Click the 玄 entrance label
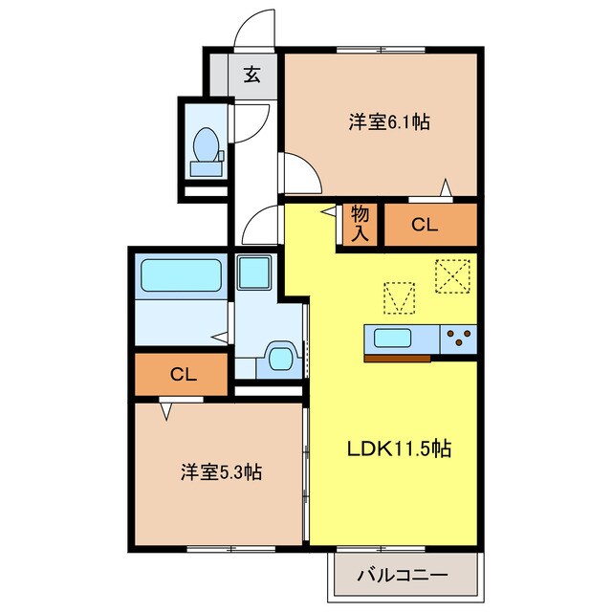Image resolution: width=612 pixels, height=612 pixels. point(252,75)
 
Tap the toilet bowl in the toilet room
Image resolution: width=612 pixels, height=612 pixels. point(207,144)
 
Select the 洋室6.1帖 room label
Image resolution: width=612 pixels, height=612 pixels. point(389,122)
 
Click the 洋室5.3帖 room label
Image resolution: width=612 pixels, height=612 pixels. point(221,472)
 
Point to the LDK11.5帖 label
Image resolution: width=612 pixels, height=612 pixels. point(400,448)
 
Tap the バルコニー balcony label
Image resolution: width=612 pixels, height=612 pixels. point(403,576)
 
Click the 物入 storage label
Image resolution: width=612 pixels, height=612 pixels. point(360,224)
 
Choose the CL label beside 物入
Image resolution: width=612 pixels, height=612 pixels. point(425,225)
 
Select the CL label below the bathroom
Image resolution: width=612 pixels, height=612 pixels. point(183,375)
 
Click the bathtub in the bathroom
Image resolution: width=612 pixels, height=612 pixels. point(181,275)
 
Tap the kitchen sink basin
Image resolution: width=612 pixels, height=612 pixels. point(392,338)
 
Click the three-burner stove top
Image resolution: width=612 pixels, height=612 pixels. point(459,338)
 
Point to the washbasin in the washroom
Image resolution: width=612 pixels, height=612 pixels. point(280,359)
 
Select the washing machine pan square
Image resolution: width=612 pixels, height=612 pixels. point(254,273)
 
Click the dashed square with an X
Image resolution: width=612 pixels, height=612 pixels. point(452,276)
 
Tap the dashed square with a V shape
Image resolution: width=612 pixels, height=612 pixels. point(400,298)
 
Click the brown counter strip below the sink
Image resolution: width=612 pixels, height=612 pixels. point(398,359)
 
